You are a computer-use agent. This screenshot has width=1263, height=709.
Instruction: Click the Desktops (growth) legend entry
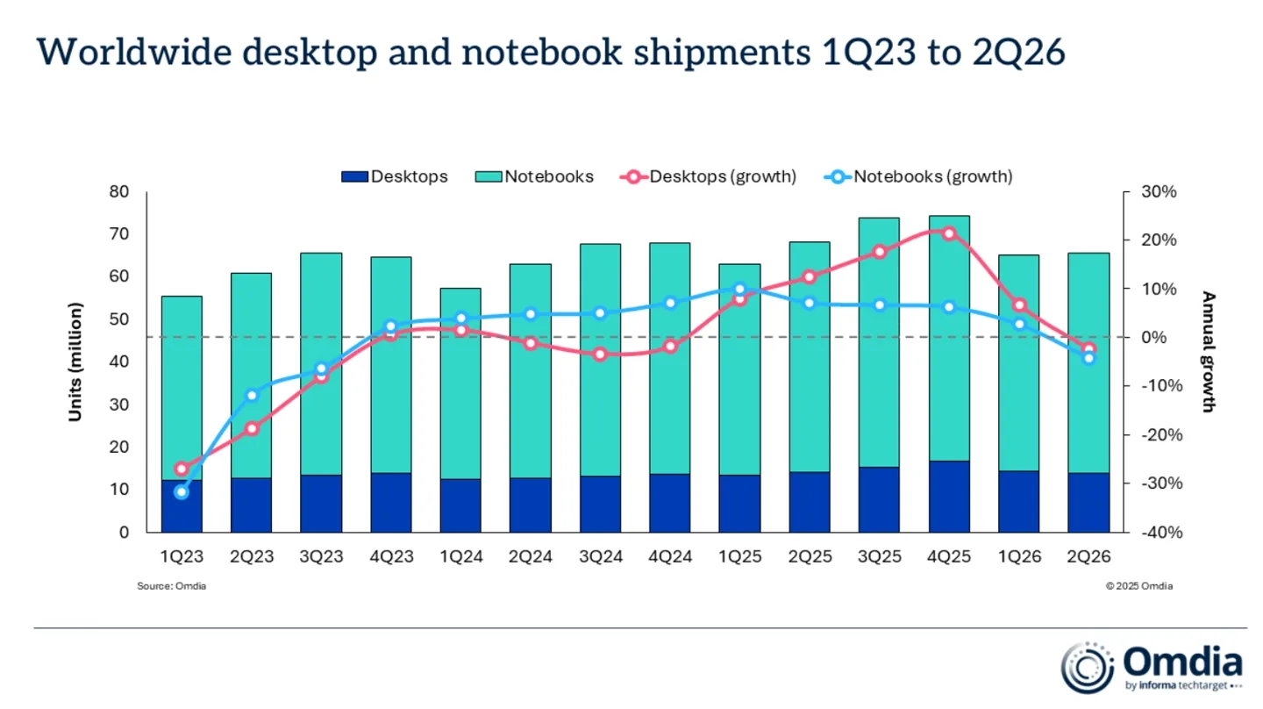(708, 176)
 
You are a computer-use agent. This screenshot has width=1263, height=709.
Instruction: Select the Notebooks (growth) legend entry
(918, 176)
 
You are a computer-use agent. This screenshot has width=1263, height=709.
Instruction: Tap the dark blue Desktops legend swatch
(354, 176)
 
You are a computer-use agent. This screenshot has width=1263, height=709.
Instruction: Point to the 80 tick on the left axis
(119, 191)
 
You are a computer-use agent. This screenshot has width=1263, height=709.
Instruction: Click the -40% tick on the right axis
(1162, 532)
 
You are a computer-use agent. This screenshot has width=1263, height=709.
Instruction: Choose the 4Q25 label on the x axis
(949, 556)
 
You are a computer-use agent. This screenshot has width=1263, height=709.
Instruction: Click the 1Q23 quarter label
(182, 556)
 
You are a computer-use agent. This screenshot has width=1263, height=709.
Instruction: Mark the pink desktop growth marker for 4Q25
(950, 233)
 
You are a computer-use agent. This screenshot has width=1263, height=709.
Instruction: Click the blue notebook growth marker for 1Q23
(182, 492)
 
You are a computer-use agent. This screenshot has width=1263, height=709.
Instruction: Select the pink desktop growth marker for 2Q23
(252, 429)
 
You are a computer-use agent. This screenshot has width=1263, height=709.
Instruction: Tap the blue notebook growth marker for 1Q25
(740, 290)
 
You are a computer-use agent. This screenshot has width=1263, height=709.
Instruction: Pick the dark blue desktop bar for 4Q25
(950, 497)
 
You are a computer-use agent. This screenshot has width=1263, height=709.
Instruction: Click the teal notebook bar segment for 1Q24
(460, 383)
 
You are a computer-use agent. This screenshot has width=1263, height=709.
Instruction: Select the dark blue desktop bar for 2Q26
(1088, 503)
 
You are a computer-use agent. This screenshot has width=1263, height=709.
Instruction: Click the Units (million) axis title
(75, 362)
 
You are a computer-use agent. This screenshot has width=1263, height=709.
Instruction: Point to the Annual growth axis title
(1209, 352)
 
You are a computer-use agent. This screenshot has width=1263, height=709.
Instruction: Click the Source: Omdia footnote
(171, 586)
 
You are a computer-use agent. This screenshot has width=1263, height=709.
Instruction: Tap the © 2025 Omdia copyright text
(1139, 586)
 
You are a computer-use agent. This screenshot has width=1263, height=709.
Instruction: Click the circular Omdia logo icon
(1087, 667)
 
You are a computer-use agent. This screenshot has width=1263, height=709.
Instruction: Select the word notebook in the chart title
(542, 52)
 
